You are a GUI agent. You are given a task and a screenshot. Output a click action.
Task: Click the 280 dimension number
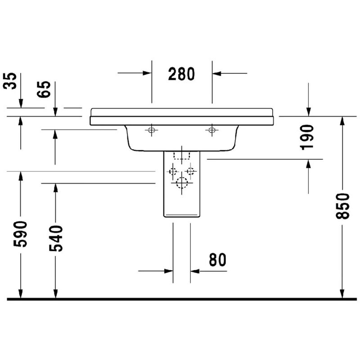[181, 73]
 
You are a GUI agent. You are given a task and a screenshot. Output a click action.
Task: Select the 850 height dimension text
[343, 206]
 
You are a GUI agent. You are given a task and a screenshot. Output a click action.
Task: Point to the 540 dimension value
[56, 238]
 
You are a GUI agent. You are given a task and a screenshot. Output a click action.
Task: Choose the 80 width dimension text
[217, 260]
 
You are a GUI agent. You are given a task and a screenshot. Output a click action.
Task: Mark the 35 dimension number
[9, 81]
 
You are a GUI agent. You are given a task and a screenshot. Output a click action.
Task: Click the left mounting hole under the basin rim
[151, 130]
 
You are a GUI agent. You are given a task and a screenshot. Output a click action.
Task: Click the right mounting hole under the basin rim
[211, 130]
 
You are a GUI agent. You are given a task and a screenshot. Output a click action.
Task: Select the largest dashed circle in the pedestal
[181, 183]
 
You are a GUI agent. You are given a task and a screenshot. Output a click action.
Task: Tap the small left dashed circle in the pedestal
[172, 171]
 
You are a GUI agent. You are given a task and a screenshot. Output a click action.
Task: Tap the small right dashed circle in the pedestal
[191, 171]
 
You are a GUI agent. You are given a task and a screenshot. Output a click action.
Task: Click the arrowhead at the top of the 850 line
[342, 120]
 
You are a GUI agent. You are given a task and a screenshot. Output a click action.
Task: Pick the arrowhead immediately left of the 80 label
[194, 271]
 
